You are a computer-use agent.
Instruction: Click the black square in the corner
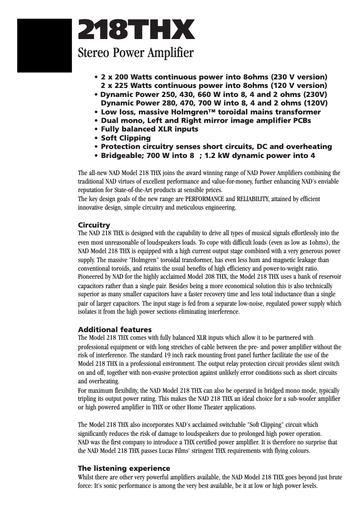[44, 45]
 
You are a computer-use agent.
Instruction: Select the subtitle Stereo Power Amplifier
[136, 53]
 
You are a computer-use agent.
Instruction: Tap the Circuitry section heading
[94, 225]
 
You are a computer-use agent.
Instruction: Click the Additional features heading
[115, 329]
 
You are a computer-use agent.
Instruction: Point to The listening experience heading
[124, 469]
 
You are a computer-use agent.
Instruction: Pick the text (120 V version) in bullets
[299, 85]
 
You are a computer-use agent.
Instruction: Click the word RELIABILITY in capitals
[249, 199]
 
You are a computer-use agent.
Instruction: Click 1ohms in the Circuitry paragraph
[315, 242]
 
